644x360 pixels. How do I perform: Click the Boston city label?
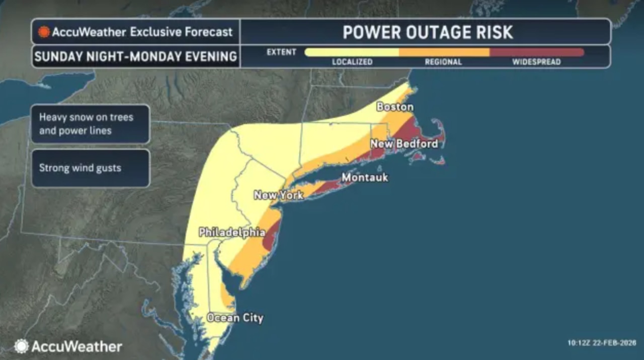click(395, 107)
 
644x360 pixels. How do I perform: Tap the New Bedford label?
click(404, 144)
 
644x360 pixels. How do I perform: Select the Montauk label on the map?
click(365, 178)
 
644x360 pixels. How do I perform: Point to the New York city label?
click(278, 195)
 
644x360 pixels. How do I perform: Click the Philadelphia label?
click(232, 233)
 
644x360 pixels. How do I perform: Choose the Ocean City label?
click(235, 318)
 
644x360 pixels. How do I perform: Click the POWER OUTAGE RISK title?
click(428, 32)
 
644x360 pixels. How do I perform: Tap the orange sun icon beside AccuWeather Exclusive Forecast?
click(44, 32)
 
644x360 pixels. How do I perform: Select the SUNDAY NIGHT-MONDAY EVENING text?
click(135, 56)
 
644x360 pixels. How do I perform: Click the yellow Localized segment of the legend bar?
click(352, 52)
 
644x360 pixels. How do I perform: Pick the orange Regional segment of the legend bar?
click(444, 52)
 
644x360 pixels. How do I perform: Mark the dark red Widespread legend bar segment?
click(536, 52)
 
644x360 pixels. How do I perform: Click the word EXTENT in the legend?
click(281, 52)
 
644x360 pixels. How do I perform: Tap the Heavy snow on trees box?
click(90, 124)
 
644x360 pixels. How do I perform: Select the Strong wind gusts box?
click(90, 168)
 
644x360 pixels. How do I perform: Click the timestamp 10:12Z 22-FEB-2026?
click(601, 343)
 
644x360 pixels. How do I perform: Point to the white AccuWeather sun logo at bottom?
click(21, 346)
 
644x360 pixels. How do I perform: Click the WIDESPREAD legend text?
click(536, 62)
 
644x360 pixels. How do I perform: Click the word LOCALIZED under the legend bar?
click(352, 62)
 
